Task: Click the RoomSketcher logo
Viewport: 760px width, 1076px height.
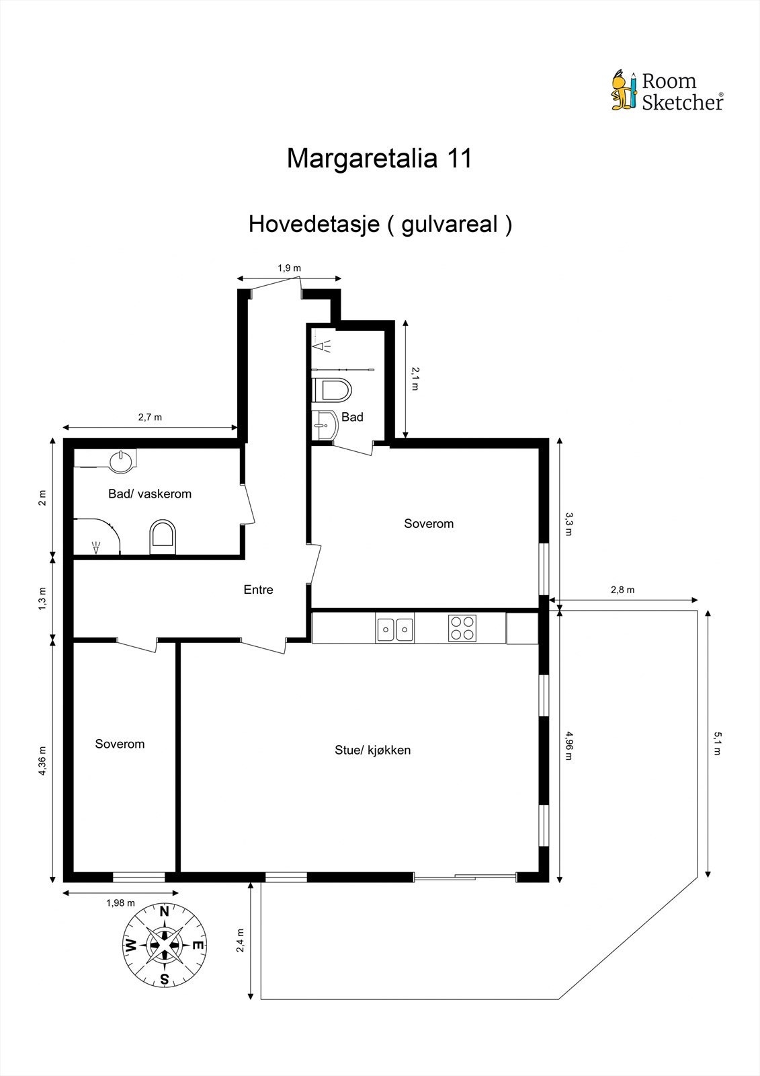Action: (x=667, y=91)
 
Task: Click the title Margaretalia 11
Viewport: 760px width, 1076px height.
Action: (x=380, y=159)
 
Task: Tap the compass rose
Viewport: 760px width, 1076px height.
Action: (x=164, y=945)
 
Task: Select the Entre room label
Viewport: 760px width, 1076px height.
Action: (x=258, y=590)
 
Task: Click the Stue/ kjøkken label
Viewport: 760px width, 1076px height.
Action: (x=372, y=750)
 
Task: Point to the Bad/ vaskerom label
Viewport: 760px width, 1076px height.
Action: (x=150, y=494)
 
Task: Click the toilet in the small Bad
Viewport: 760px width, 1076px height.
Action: (x=333, y=390)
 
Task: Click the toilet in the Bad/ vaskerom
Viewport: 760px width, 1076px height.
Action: (x=163, y=537)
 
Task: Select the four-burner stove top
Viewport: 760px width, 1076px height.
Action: (x=462, y=628)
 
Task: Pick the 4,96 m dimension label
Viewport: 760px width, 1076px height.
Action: (x=569, y=745)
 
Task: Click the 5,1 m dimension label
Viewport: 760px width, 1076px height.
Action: (x=717, y=744)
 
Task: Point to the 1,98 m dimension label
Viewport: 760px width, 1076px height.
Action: (x=120, y=903)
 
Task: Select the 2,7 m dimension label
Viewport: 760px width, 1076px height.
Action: (x=150, y=417)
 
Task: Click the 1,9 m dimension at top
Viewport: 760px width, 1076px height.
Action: (x=289, y=268)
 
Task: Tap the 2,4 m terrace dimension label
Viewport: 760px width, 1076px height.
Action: (x=241, y=941)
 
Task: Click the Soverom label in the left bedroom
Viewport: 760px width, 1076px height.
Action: (x=120, y=744)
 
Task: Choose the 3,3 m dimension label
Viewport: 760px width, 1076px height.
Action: (x=569, y=524)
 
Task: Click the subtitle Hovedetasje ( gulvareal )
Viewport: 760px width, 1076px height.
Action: (x=380, y=224)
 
